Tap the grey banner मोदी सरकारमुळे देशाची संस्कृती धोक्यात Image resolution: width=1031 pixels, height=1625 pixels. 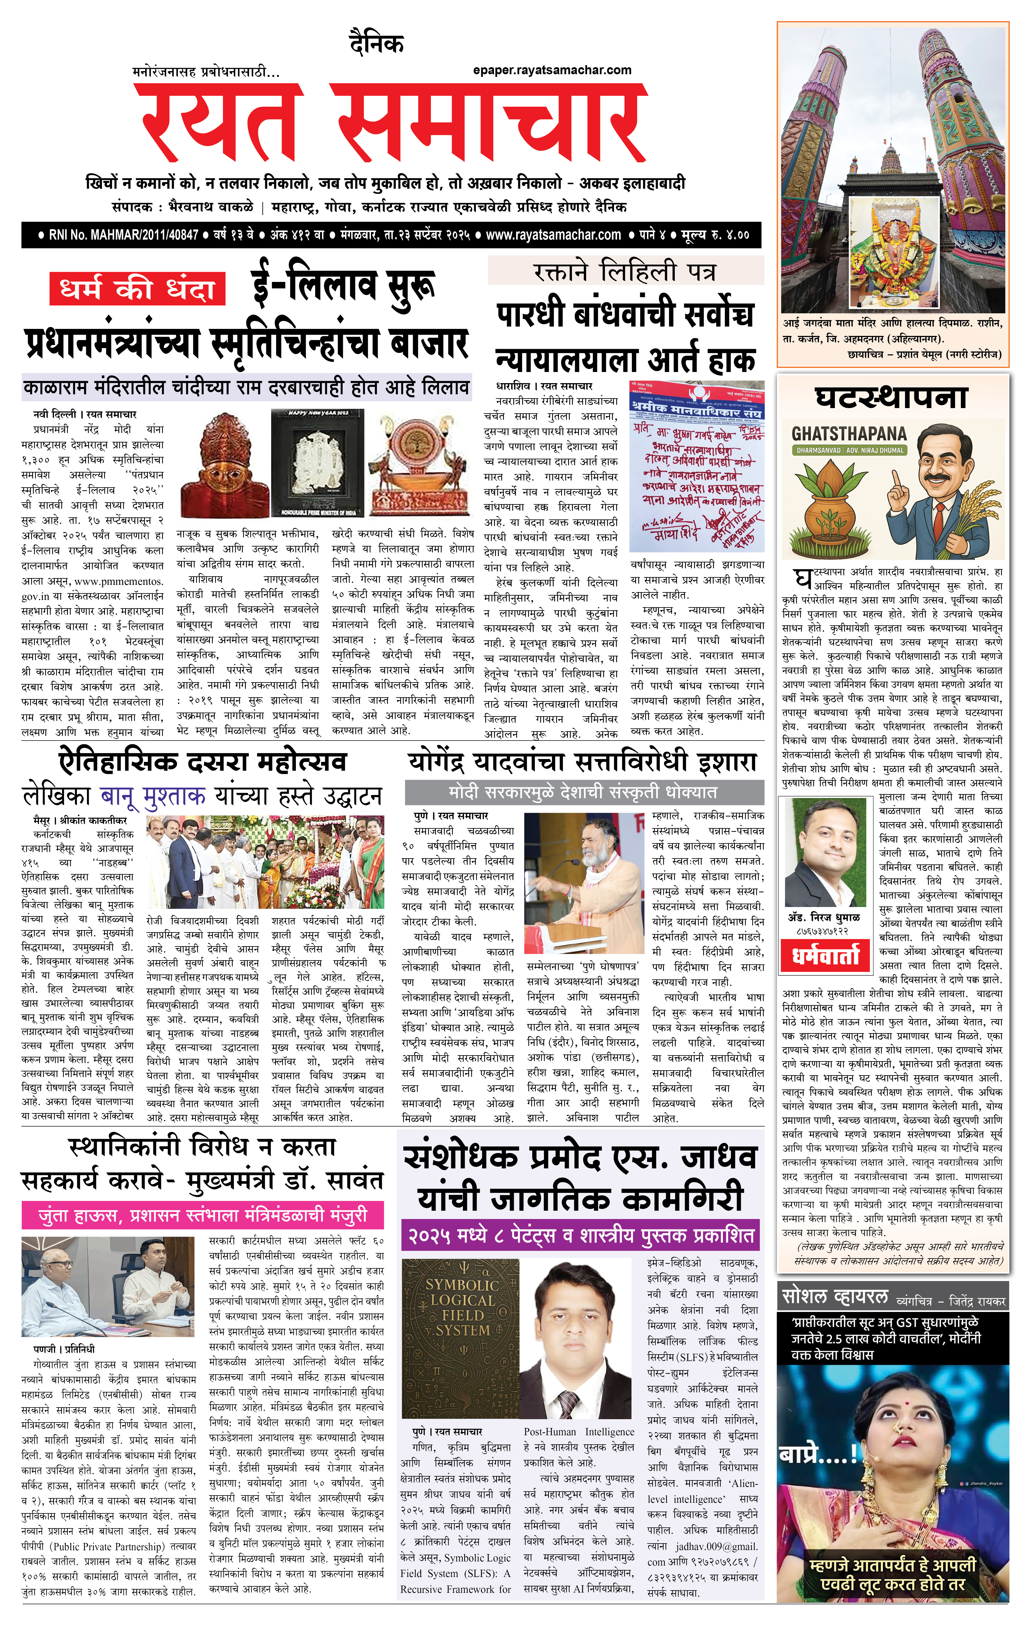pyautogui.click(x=583, y=791)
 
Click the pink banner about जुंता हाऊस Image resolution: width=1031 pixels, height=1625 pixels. pyautogui.click(x=203, y=1215)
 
